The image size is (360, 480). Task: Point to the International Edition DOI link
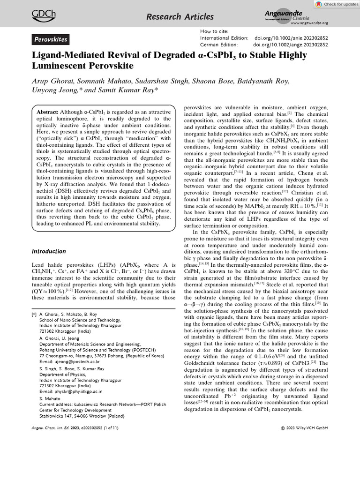(291, 37)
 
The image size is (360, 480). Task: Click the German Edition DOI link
(290, 45)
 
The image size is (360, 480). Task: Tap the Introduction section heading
(49, 251)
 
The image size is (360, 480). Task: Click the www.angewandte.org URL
(309, 23)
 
